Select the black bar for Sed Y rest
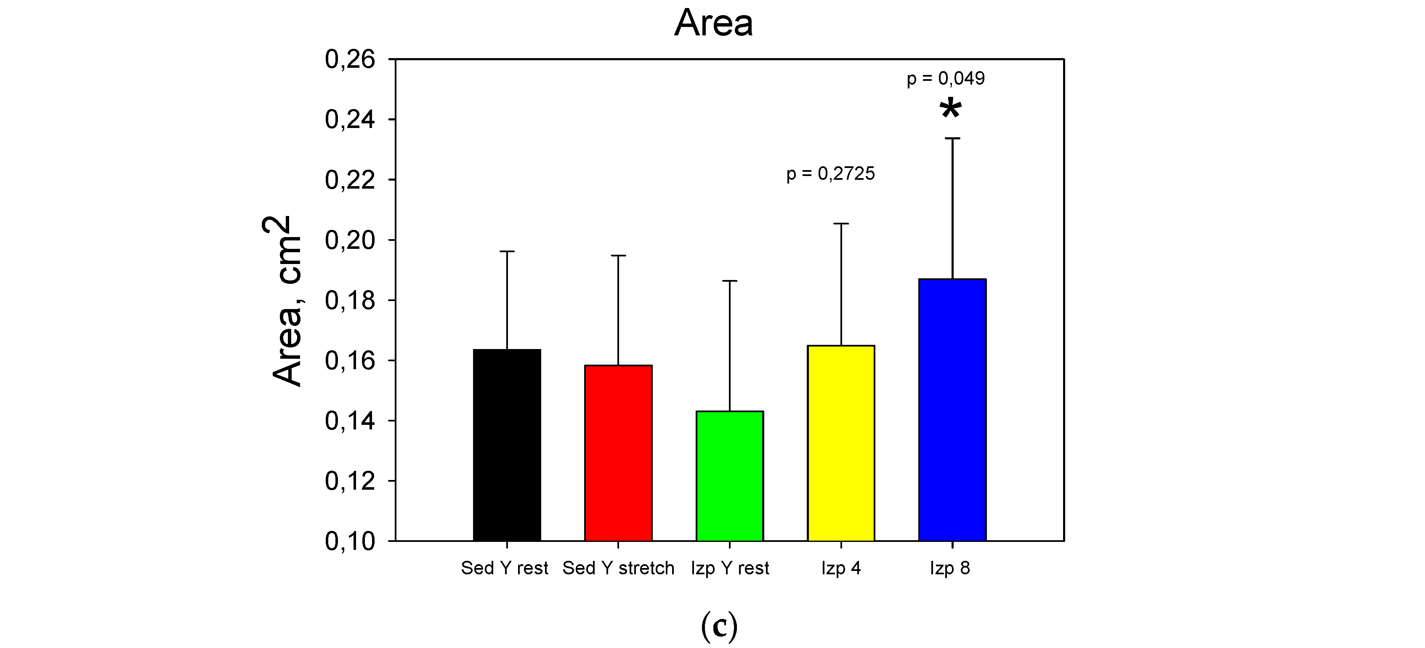(x=507, y=445)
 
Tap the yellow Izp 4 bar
(x=841, y=443)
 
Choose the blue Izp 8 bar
(x=952, y=410)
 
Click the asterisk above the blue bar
(x=950, y=109)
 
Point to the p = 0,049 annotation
(x=945, y=79)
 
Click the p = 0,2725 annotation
(x=830, y=174)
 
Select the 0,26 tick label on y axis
(x=350, y=59)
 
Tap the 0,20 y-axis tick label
(x=350, y=240)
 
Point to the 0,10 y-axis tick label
(x=350, y=541)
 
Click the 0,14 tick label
(x=350, y=421)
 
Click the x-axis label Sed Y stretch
(x=618, y=568)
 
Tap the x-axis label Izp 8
(x=949, y=568)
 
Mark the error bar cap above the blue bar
(x=952, y=139)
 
